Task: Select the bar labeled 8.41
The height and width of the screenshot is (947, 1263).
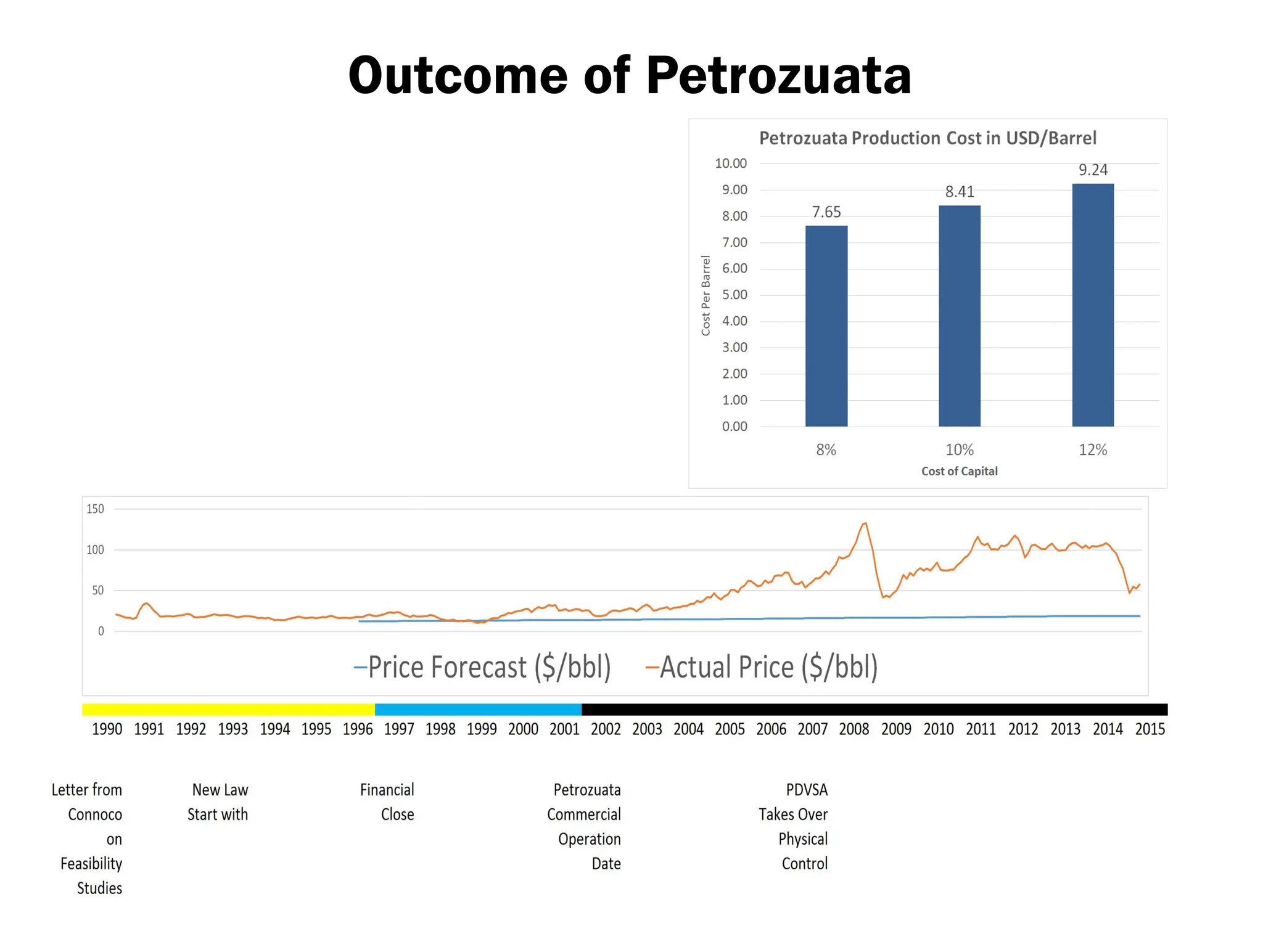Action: (960, 316)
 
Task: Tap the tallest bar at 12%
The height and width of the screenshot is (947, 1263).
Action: (1093, 305)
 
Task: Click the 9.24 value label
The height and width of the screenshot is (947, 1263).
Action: (1093, 170)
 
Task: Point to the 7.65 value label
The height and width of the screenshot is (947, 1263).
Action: (826, 212)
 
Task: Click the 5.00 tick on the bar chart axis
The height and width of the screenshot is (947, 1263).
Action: (734, 295)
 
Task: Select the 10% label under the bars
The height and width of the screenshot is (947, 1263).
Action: (960, 450)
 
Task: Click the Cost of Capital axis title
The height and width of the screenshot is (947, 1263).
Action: (960, 471)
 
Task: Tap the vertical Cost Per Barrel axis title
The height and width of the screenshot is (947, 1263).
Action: (706, 295)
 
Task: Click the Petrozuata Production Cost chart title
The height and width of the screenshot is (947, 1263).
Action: (928, 138)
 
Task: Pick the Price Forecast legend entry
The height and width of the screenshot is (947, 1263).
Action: (483, 667)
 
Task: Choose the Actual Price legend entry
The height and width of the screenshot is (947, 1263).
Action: (762, 667)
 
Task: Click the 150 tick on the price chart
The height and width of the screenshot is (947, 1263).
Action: (96, 509)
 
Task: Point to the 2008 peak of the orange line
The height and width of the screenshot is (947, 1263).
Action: (865, 523)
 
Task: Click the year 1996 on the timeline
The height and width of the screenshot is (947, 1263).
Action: (358, 729)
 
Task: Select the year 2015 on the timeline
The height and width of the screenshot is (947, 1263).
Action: (1150, 729)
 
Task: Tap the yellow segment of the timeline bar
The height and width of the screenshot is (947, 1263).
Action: (228, 710)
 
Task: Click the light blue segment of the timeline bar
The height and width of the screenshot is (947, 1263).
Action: (478, 710)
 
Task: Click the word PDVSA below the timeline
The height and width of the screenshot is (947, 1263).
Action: (807, 790)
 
